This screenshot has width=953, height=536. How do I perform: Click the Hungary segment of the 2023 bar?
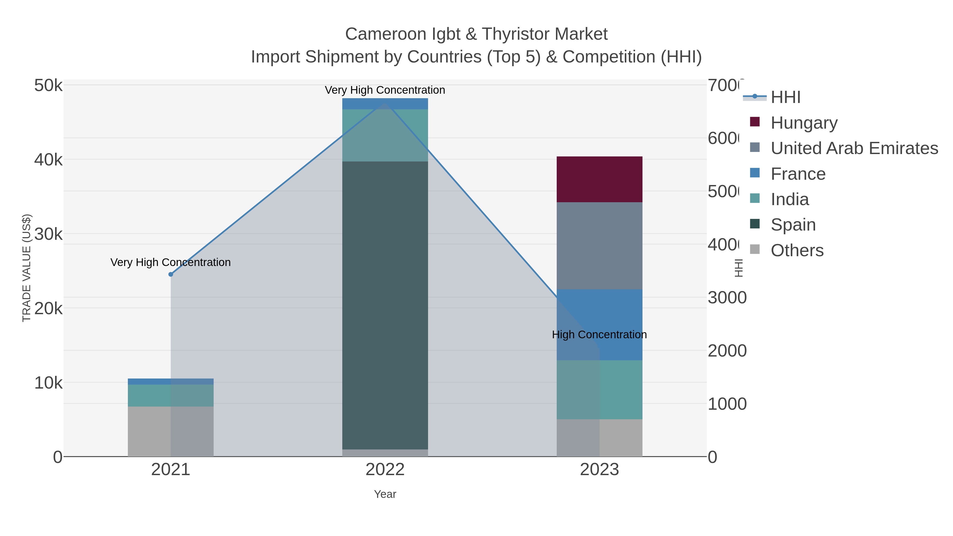tap(599, 179)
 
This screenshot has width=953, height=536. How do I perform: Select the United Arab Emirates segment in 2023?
tap(599, 246)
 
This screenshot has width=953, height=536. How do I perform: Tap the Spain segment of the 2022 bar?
tap(385, 305)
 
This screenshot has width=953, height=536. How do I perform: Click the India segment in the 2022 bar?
tap(385, 135)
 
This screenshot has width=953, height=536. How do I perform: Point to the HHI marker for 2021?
tap(170, 274)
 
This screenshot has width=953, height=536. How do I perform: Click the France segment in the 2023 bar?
tap(599, 325)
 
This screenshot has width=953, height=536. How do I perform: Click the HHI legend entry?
tap(785, 97)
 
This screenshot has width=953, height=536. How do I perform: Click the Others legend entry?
tap(797, 250)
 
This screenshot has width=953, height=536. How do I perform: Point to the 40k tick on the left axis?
tap(48, 160)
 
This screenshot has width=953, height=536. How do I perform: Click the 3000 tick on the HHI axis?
tap(727, 298)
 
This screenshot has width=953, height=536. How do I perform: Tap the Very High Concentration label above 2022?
tap(385, 90)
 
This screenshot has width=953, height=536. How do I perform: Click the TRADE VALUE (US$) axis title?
tap(27, 268)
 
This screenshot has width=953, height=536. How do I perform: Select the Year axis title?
tap(385, 494)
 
